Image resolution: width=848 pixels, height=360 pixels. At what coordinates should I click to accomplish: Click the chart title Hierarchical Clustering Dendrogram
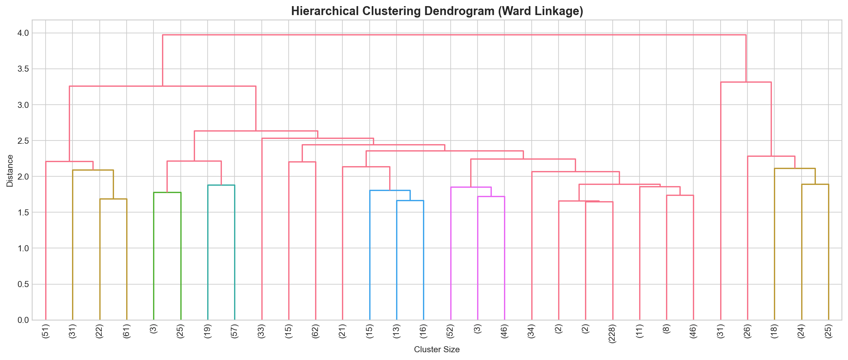click(437, 11)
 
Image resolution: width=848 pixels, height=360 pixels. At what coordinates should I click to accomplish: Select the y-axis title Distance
click(10, 171)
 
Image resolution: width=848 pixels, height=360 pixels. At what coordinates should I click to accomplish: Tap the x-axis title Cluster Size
click(437, 349)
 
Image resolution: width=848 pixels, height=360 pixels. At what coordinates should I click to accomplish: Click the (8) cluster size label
click(666, 330)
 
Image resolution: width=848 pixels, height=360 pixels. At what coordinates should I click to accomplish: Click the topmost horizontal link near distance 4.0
click(454, 35)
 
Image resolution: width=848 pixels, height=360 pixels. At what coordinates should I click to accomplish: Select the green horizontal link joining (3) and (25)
click(167, 193)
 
